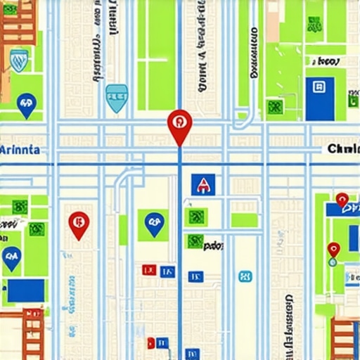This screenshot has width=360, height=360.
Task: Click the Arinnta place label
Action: coord(20,150)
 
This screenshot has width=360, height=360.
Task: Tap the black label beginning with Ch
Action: coord(342,149)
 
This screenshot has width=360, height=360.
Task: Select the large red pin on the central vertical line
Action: coord(180,124)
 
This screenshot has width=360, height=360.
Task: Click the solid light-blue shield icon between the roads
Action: coord(116,98)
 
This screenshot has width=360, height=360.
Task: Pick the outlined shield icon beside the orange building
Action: coord(20,59)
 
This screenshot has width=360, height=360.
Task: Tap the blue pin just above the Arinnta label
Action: coord(27,105)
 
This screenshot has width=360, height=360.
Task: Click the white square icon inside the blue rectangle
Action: coord(320,88)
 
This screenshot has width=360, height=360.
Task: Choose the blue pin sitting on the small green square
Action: coord(154,224)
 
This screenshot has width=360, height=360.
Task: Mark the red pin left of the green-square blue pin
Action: coord(79,224)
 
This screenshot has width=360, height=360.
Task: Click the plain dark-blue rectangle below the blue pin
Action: coord(26,290)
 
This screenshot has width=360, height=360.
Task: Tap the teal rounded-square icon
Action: coord(244,276)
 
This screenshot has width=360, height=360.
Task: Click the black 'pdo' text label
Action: coord(213,246)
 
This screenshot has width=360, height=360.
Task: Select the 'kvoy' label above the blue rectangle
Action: coord(326,62)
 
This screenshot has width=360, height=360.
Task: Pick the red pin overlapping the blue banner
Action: coord(342,200)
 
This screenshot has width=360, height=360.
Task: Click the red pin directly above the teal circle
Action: coord(333,249)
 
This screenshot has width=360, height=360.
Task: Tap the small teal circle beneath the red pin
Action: coord(333,262)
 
